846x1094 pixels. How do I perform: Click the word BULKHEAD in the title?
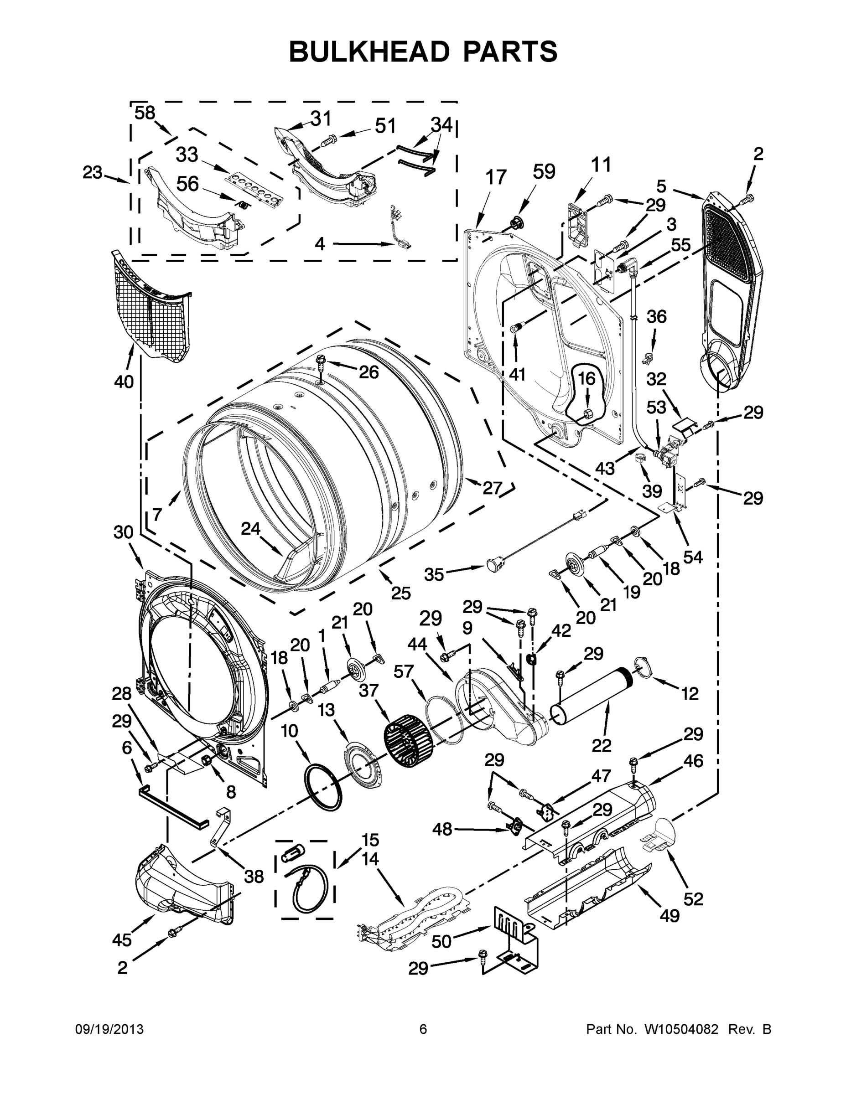coord(369,52)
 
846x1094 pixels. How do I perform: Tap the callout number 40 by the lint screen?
coord(124,382)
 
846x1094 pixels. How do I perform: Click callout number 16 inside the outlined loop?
coord(586,378)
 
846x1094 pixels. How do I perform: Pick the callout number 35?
coord(434,574)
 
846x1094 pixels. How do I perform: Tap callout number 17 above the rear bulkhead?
coord(496,177)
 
